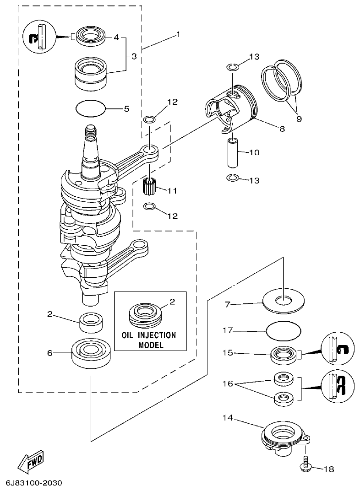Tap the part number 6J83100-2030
[34, 483]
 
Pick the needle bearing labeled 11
[148, 187]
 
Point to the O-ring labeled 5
[91, 109]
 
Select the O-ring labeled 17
[284, 329]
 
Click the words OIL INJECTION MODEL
[148, 340]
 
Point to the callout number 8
[282, 129]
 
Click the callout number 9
[299, 119]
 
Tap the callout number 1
[178, 35]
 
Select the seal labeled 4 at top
[91, 36]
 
